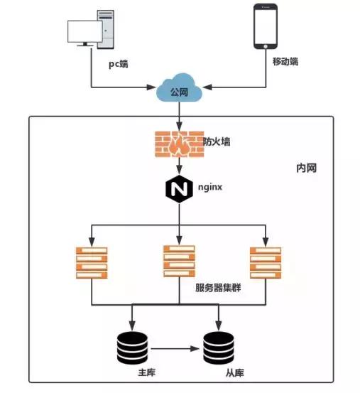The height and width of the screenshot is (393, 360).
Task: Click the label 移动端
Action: [285, 62]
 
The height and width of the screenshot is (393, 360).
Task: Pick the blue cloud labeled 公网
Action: [180, 92]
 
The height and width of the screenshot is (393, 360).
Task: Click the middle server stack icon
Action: [179, 261]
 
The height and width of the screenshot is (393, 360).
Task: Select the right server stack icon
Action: [265, 262]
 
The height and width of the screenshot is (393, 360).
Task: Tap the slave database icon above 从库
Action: [219, 347]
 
